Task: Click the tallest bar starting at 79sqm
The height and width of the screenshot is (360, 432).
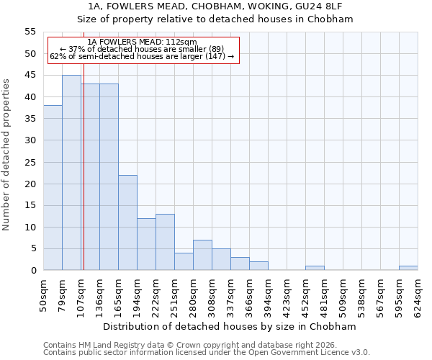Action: click(71, 173)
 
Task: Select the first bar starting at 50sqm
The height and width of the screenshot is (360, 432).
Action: click(53, 188)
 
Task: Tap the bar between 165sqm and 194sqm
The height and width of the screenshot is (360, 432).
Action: click(127, 222)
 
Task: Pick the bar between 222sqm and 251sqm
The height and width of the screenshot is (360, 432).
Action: click(165, 242)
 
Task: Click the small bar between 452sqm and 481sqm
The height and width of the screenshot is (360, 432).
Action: click(315, 268)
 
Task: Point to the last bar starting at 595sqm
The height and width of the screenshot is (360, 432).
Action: click(408, 268)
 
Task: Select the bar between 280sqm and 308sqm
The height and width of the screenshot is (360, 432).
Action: click(202, 255)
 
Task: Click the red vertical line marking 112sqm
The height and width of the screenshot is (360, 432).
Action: click(84, 180)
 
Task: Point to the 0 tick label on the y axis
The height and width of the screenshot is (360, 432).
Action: click(32, 271)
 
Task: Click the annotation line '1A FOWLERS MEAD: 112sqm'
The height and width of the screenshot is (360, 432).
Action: click(142, 42)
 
